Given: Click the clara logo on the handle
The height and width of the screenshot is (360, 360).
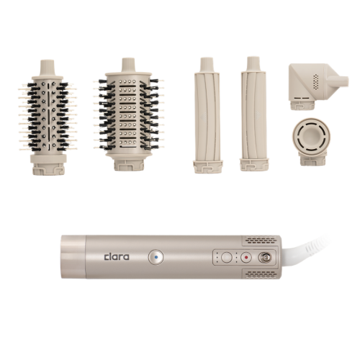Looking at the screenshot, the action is pos(117,257).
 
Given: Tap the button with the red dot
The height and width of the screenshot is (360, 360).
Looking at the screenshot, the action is pos(246,258).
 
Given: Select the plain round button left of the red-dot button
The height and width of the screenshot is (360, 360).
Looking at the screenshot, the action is pos(226,258).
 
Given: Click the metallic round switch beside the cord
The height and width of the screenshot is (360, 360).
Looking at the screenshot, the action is pos(264,258).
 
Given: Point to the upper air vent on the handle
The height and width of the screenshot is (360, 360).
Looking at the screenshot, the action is pos(261,240).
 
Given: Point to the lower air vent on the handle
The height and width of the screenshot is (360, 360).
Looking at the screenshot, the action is pos(261,274).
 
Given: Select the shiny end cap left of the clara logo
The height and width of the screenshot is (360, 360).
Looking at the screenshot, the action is pos(73,257).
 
